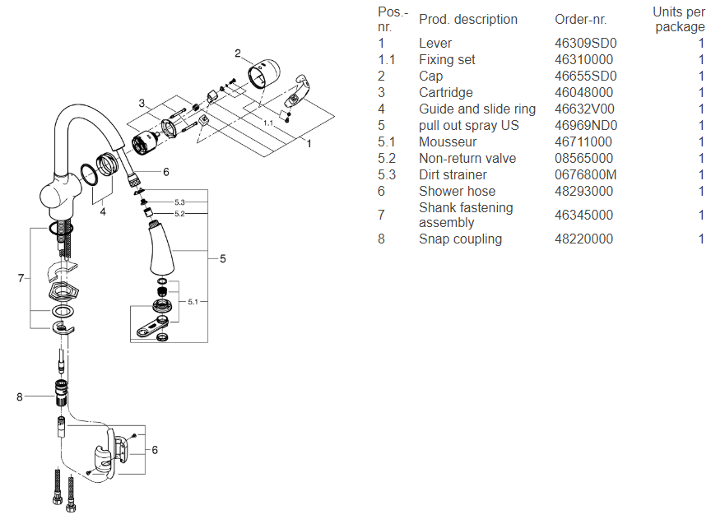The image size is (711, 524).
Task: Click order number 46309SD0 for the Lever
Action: (x=586, y=44)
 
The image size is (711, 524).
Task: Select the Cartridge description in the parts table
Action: (x=445, y=93)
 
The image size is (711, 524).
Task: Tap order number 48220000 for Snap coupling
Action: (x=583, y=239)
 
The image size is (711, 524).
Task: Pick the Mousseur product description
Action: (x=448, y=142)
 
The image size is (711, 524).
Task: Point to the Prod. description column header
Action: (x=467, y=20)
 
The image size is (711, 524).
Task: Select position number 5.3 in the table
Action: (x=387, y=175)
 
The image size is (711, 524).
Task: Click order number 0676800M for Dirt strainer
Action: (x=586, y=175)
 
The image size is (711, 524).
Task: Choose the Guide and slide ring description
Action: (x=476, y=109)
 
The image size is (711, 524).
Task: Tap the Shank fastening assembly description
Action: (x=465, y=216)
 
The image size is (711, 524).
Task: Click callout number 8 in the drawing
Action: (x=20, y=397)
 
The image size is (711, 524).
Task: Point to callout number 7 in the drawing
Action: (x=21, y=278)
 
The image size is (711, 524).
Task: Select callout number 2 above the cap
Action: (x=237, y=54)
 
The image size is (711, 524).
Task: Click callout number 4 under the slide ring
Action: (x=103, y=211)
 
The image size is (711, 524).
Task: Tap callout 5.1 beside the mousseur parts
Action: (x=193, y=303)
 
